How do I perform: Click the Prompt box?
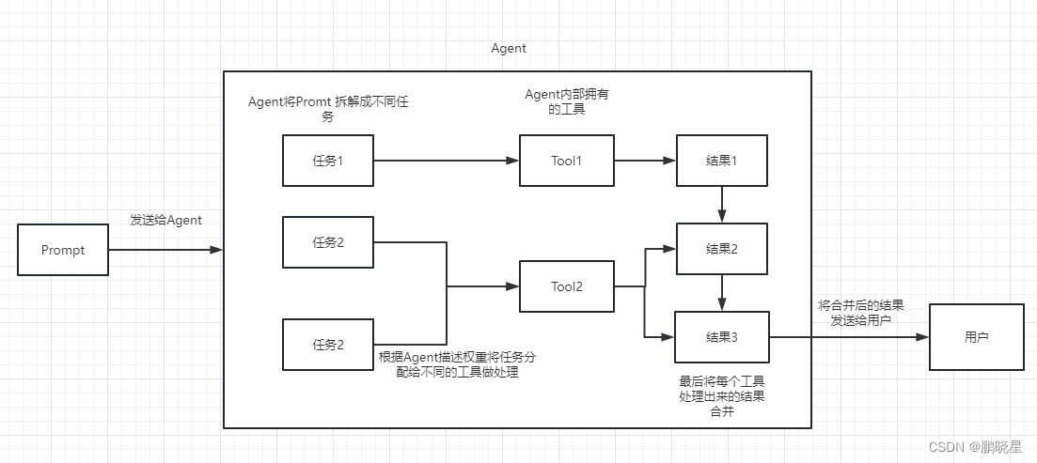tap(63, 250)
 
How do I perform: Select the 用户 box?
tap(976, 336)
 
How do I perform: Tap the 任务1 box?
tap(327, 160)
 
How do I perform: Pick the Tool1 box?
tap(566, 160)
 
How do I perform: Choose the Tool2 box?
tap(566, 286)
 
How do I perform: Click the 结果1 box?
tap(721, 160)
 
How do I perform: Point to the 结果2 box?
tap(721, 249)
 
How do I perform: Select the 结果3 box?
tap(721, 336)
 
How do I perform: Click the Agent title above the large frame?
tap(509, 48)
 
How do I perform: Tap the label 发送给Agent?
tap(165, 220)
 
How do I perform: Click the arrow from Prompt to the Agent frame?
tap(165, 250)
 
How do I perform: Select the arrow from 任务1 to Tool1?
tap(447, 160)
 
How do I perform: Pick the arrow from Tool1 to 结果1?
tap(644, 160)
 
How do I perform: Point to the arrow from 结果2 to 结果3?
tap(721, 292)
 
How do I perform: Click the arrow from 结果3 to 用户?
tap(848, 336)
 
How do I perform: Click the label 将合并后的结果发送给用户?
tap(860, 313)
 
